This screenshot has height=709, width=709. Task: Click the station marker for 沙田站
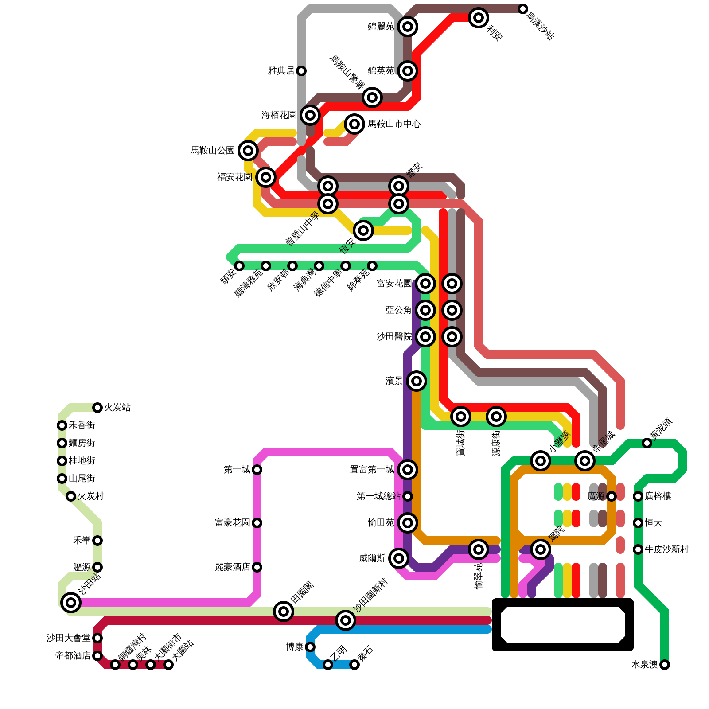(x=71, y=602)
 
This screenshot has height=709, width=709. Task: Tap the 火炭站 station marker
(x=97, y=407)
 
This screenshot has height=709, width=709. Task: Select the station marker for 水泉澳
(x=664, y=664)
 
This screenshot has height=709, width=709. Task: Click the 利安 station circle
(x=479, y=18)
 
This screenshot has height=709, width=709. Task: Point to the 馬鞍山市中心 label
(x=394, y=124)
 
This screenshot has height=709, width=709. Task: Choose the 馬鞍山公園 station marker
(x=248, y=151)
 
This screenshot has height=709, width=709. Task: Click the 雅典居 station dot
(x=301, y=71)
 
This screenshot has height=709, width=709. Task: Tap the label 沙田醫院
(x=394, y=337)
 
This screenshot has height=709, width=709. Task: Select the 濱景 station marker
(x=417, y=381)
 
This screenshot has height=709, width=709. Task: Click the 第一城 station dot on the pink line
(x=257, y=469)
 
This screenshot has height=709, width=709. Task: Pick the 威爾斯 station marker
(x=399, y=558)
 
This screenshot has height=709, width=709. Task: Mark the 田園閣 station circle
(x=284, y=612)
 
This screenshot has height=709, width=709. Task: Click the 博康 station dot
(x=310, y=647)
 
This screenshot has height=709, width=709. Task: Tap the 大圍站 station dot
(x=168, y=664)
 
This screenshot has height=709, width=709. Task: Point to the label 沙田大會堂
(x=69, y=638)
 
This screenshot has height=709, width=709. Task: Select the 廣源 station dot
(x=612, y=496)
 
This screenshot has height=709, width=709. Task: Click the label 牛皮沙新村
(x=666, y=549)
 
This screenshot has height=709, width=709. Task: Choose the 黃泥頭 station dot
(x=647, y=443)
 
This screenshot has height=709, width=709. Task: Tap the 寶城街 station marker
(x=461, y=416)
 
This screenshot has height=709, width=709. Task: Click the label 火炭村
(x=91, y=496)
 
